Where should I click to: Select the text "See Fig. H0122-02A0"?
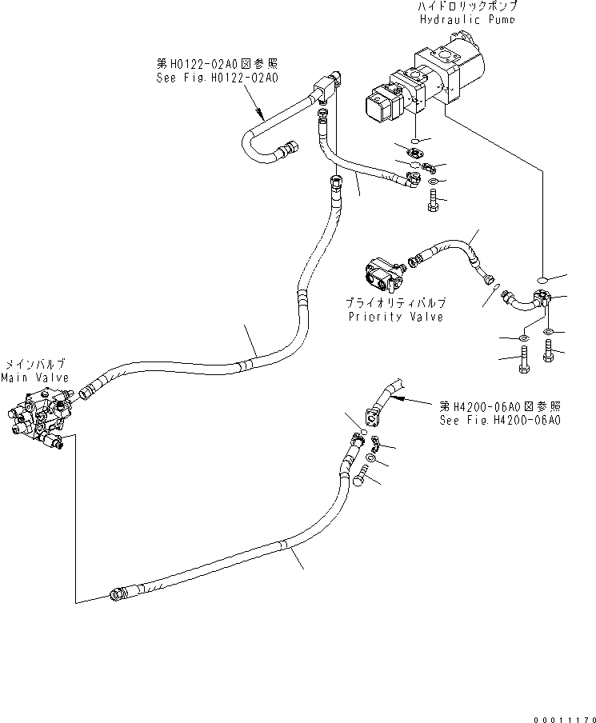pyautogui.click(x=217, y=78)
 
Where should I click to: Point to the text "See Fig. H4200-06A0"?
pyautogui.click(x=499, y=420)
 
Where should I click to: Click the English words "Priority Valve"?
pyautogui.click(x=407, y=316)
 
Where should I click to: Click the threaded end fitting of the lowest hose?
pyautogui.click(x=118, y=593)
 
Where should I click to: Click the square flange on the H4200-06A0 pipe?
pyautogui.click(x=373, y=417)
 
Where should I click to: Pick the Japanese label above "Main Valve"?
pyautogui.click(x=34, y=364)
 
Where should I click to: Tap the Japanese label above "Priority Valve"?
pyautogui.click(x=407, y=304)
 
